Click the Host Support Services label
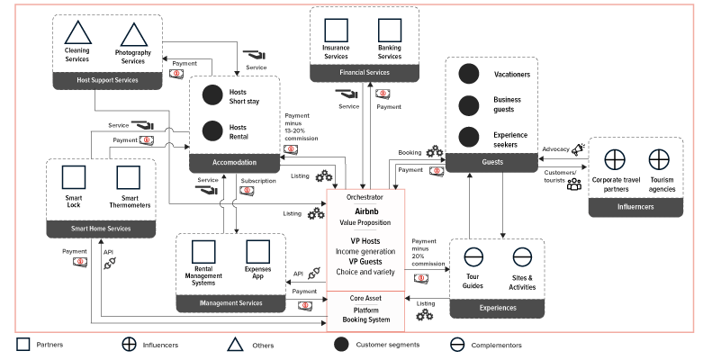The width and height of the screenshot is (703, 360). pyautogui.click(x=107, y=81)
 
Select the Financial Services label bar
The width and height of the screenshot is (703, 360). pyautogui.click(x=364, y=71)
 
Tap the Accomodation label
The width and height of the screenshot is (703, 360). pyautogui.click(x=234, y=163)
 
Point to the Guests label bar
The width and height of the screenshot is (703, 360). pyautogui.click(x=491, y=163)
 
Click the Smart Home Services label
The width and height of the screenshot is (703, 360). pyautogui.click(x=101, y=229)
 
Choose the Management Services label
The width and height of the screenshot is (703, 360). pyautogui.click(x=231, y=303)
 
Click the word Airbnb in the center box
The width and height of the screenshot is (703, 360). pyautogui.click(x=365, y=209)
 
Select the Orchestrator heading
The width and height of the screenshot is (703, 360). pyautogui.click(x=365, y=197)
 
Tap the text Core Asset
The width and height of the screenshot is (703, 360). pyautogui.click(x=365, y=297)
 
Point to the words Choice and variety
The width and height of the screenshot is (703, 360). pyautogui.click(x=365, y=271)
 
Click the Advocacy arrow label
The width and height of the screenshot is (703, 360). pyautogui.click(x=555, y=149)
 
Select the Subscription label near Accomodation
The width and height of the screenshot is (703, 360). pyautogui.click(x=259, y=180)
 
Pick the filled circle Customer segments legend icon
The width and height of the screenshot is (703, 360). pyautogui.click(x=342, y=344)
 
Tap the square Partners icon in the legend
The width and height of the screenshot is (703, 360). pyautogui.click(x=23, y=344)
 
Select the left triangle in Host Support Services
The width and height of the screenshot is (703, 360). pyautogui.click(x=78, y=35)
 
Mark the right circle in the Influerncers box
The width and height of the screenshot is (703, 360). pyautogui.click(x=659, y=160)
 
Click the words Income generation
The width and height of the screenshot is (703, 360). pyautogui.click(x=365, y=251)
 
